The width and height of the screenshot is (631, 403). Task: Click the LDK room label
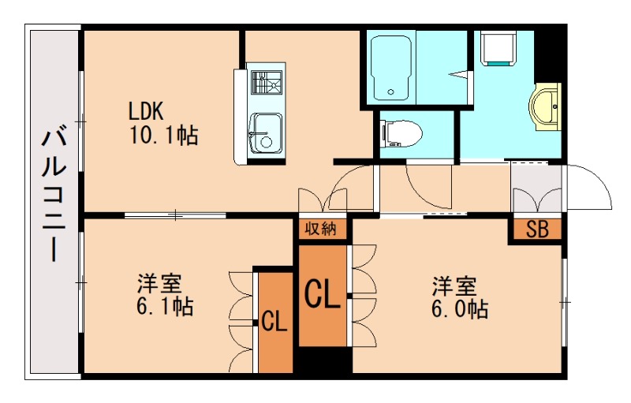[x=147, y=110]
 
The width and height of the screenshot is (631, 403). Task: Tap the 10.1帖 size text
[x=163, y=135]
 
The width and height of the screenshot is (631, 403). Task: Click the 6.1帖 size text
[x=165, y=305]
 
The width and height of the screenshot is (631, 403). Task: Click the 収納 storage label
[x=321, y=229]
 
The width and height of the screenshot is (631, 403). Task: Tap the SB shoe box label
[x=537, y=230]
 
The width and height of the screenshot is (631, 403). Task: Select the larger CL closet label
[x=323, y=296]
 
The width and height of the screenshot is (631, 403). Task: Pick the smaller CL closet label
[x=274, y=321]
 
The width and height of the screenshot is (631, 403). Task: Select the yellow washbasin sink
[x=546, y=107]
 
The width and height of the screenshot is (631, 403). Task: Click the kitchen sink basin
[x=264, y=134]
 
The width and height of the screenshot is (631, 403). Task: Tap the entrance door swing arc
[x=590, y=187]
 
